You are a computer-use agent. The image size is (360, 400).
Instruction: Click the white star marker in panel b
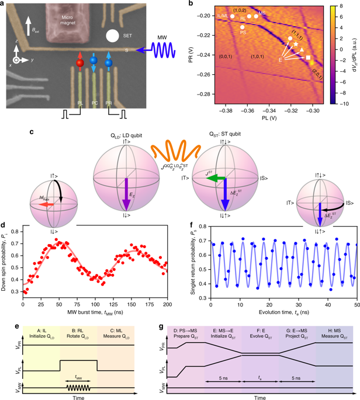coord(296,44)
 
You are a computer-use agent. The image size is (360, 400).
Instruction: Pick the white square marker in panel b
coord(308,57)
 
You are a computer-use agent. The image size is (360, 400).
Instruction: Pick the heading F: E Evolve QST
coord(260,316)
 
